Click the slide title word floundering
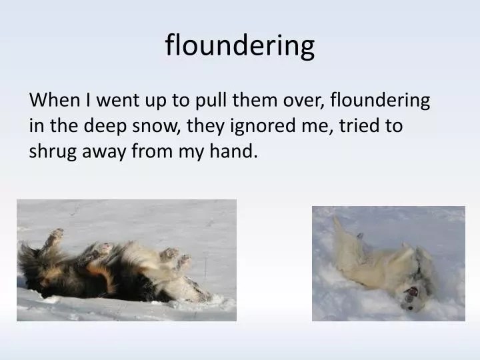[x=240, y=45]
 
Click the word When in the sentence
[x=54, y=101]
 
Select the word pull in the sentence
[x=209, y=101]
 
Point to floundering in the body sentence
[x=381, y=101]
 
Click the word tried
[x=356, y=126]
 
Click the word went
[x=117, y=101]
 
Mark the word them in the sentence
[x=252, y=101]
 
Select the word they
[x=207, y=126]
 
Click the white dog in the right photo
[x=380, y=260]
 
